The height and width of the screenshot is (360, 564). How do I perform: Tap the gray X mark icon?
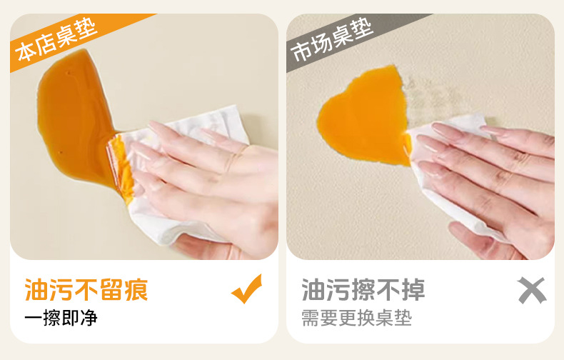(x=532, y=290)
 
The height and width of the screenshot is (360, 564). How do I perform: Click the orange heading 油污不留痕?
(x=86, y=289)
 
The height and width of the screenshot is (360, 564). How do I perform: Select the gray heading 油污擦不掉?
(x=363, y=289)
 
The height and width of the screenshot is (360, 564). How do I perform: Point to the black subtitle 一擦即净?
(x=61, y=318)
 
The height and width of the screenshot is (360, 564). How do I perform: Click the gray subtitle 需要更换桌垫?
(x=356, y=318)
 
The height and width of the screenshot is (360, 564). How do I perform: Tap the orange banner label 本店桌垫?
(x=56, y=39)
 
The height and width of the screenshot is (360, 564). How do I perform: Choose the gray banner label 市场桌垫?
(x=331, y=40)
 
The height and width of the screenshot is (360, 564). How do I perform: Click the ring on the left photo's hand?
(x=236, y=159)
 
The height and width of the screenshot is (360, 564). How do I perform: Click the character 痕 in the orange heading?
(x=136, y=289)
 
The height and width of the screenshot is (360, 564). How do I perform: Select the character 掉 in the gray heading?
(x=413, y=289)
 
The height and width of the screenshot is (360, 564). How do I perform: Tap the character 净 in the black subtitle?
(x=89, y=318)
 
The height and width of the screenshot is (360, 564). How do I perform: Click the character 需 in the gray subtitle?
(x=310, y=318)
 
